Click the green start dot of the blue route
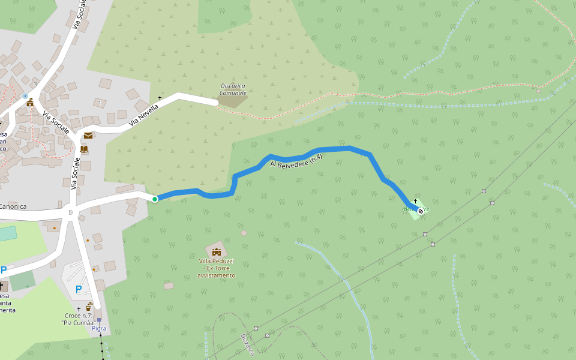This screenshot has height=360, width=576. pyautogui.click(x=154, y=199)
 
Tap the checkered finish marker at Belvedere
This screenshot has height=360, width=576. pyautogui.click(x=421, y=211)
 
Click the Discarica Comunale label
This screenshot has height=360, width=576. pyautogui.click(x=233, y=89)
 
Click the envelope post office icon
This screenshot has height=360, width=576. pyautogui.click(x=88, y=136)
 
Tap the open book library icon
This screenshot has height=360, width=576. pyautogui.click(x=84, y=149)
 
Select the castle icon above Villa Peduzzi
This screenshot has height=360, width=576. pyautogui.click(x=216, y=251)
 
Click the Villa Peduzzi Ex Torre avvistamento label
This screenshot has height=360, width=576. pyautogui.click(x=217, y=268)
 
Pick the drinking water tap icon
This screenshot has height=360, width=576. pyautogui.click(x=89, y=307)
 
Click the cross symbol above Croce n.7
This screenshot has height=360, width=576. pyautogui.click(x=79, y=309)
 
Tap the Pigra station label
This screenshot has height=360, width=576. pyautogui.click(x=99, y=329)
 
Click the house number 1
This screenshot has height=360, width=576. pyautogui.click(x=100, y=103)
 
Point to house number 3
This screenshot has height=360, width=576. pyautogui.click(x=35, y=84)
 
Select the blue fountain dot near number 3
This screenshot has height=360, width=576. pyautogui.click(x=25, y=95)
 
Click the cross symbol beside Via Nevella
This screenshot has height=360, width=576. pyautogui.click(x=160, y=97)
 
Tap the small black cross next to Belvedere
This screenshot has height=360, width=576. pyautogui.click(x=415, y=200)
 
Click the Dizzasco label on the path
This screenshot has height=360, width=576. pyautogui.click(x=248, y=345)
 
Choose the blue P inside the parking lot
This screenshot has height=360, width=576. pyautogui.click(x=79, y=289)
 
